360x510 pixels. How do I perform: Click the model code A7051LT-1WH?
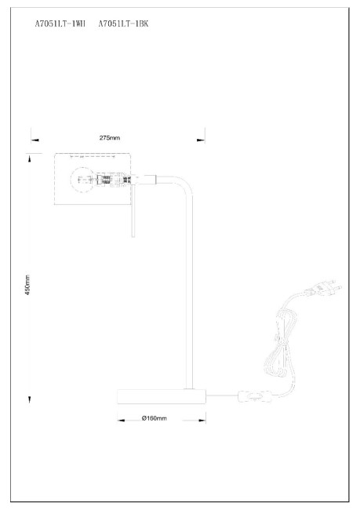tap(60, 24)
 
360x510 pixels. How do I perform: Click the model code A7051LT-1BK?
tap(124, 24)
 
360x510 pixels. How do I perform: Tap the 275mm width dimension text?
tap(110, 138)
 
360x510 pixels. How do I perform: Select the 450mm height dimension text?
tap(27, 285)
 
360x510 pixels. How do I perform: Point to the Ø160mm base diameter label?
tap(155, 418)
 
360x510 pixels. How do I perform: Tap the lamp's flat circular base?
tap(162, 396)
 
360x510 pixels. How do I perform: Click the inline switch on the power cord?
tap(255, 396)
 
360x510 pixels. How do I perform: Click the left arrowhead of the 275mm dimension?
tap(35, 140)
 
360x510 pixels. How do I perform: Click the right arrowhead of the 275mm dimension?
tap(201, 140)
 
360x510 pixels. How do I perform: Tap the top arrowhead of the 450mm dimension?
tap(30, 159)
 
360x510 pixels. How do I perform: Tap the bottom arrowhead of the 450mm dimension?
tap(29, 399)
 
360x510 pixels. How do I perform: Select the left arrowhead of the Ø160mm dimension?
tap(121, 421)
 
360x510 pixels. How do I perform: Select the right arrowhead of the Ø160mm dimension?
tap(202, 421)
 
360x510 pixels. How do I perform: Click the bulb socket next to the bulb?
tap(111, 180)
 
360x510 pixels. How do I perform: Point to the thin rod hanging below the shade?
tap(133, 211)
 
